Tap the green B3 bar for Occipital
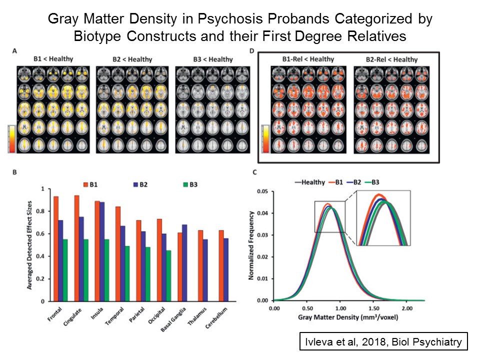[x=168, y=276]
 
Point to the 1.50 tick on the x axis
[x=374, y=308]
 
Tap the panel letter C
[x=255, y=172]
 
